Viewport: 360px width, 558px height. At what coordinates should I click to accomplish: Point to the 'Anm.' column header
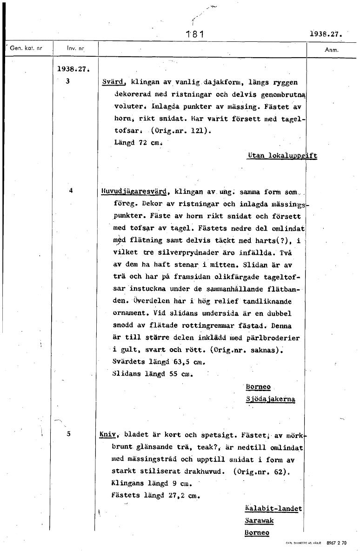[332, 49]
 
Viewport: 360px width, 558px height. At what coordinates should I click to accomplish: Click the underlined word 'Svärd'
[113, 82]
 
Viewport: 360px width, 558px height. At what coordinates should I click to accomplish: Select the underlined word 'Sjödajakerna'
[270, 399]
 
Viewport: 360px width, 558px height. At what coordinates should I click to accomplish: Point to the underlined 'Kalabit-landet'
[273, 509]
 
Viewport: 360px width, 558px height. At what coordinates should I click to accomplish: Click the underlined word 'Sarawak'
[259, 521]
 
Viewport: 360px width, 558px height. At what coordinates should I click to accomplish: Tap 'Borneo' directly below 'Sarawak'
[257, 533]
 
